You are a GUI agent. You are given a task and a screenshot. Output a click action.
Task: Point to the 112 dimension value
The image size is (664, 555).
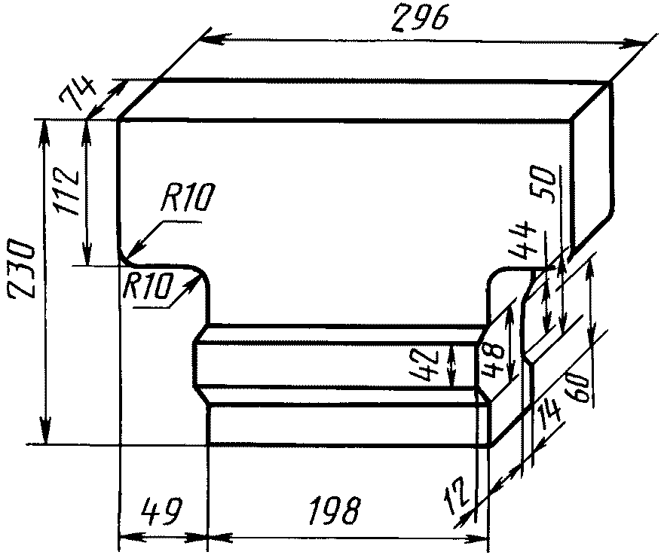[68, 193]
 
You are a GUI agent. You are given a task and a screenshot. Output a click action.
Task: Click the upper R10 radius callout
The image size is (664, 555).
[185, 197]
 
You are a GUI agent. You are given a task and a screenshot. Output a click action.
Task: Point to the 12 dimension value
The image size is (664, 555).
[458, 495]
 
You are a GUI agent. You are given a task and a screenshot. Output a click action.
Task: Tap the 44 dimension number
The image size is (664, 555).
[524, 240]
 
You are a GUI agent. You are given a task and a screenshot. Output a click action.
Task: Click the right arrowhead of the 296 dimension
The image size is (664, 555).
[638, 43]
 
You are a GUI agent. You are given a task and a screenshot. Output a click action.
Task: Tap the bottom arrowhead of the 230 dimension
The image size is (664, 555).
[46, 431]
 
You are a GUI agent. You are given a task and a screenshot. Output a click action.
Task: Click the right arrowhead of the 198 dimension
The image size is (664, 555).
[478, 539]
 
